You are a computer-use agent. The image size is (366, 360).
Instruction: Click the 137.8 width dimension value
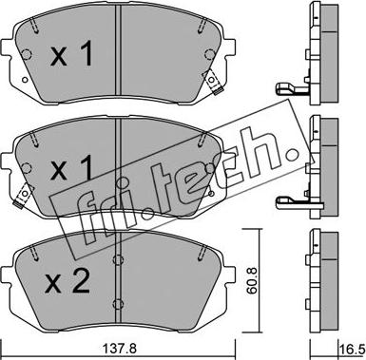[120, 350]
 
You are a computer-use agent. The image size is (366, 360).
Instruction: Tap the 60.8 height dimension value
[252, 280]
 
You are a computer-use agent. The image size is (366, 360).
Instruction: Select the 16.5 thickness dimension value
[352, 350]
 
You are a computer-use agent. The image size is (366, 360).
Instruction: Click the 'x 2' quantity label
[67, 282]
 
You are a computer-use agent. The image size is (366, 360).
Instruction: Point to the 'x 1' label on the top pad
[71, 54]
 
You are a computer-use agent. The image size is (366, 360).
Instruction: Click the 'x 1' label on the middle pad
[71, 168]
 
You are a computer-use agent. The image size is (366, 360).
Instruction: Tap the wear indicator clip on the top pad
[213, 82]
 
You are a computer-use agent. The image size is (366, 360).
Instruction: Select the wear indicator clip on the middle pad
[23, 197]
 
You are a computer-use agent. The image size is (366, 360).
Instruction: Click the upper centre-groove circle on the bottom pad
[118, 259]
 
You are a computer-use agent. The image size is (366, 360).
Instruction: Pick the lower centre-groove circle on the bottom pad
[118, 303]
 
